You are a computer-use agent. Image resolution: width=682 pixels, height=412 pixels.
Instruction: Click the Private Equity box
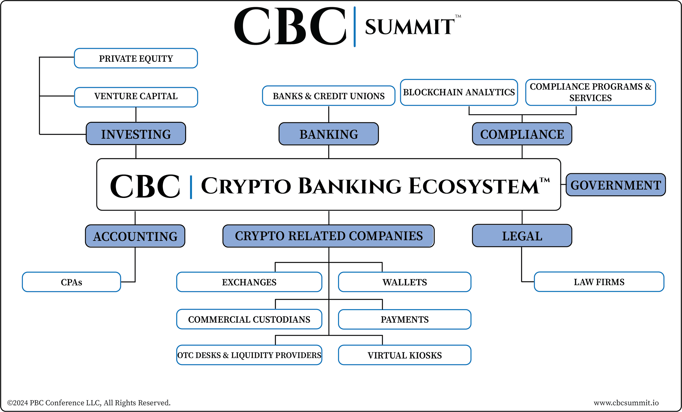tap(136, 58)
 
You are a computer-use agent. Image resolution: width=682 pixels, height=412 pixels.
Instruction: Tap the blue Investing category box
tap(136, 134)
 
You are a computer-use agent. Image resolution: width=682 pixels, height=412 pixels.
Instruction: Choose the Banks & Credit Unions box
tap(328, 96)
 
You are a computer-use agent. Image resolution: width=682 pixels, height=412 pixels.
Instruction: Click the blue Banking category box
tap(328, 134)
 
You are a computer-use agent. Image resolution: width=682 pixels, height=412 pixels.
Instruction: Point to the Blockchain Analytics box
tap(459, 92)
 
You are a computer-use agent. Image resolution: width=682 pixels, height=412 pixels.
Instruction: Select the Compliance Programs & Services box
tap(590, 92)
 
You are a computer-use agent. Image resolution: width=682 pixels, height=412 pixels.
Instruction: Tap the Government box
tap(615, 185)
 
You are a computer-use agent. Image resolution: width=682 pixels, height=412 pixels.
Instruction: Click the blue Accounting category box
tap(135, 236)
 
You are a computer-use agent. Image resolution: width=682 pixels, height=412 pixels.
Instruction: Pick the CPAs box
tap(71, 282)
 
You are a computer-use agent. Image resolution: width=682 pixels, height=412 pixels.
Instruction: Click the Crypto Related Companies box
tap(328, 236)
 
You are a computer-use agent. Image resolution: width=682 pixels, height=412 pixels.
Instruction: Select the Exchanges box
tap(249, 282)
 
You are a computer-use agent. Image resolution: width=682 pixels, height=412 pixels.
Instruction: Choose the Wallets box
tap(404, 282)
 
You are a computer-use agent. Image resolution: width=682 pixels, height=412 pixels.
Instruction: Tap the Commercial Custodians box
tap(249, 319)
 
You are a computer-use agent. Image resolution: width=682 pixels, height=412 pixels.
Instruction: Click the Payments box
tap(404, 319)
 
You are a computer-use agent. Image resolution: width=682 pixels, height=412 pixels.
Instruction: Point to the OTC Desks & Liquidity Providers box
tap(249, 355)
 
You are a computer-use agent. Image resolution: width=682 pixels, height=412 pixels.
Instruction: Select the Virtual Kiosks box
tap(404, 355)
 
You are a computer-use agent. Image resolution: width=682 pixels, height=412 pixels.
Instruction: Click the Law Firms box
tap(599, 282)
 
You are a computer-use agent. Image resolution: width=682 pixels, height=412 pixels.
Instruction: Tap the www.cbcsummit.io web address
tap(626, 402)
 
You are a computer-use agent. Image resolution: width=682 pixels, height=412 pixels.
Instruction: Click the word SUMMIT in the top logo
tap(409, 27)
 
